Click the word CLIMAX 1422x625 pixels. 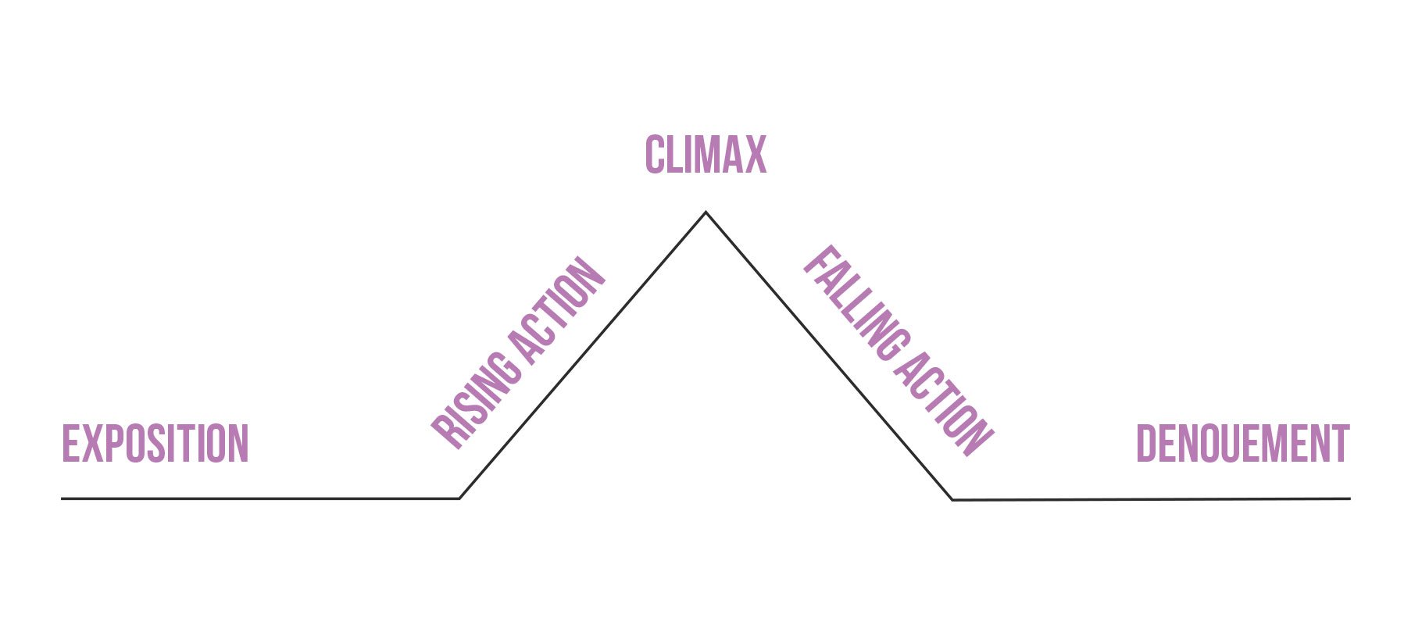pos(706,155)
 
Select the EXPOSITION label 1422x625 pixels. pos(155,444)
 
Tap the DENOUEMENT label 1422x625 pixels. pos(1242,444)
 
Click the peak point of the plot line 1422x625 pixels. pos(706,212)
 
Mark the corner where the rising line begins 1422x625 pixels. pos(459,498)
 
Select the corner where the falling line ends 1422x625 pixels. pos(952,499)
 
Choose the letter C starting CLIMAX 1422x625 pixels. pos(655,155)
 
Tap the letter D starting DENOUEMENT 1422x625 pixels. pos(1145,444)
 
